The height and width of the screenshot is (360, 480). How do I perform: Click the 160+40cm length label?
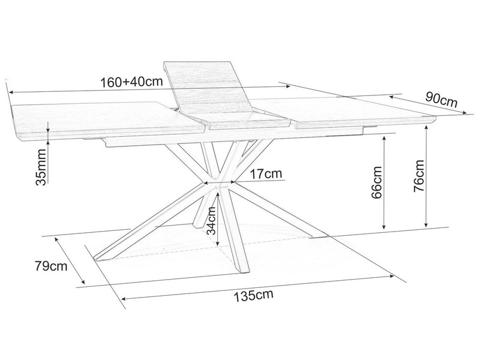131,82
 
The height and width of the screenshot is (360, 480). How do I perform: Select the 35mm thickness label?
41,167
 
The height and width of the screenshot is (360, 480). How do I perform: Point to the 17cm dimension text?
266,174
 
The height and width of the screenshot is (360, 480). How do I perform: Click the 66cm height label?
377,183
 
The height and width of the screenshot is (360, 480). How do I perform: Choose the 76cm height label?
419,176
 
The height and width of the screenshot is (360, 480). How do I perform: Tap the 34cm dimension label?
211,220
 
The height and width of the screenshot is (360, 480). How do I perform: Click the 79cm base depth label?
51,266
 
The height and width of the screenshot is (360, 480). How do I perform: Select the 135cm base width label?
253,295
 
